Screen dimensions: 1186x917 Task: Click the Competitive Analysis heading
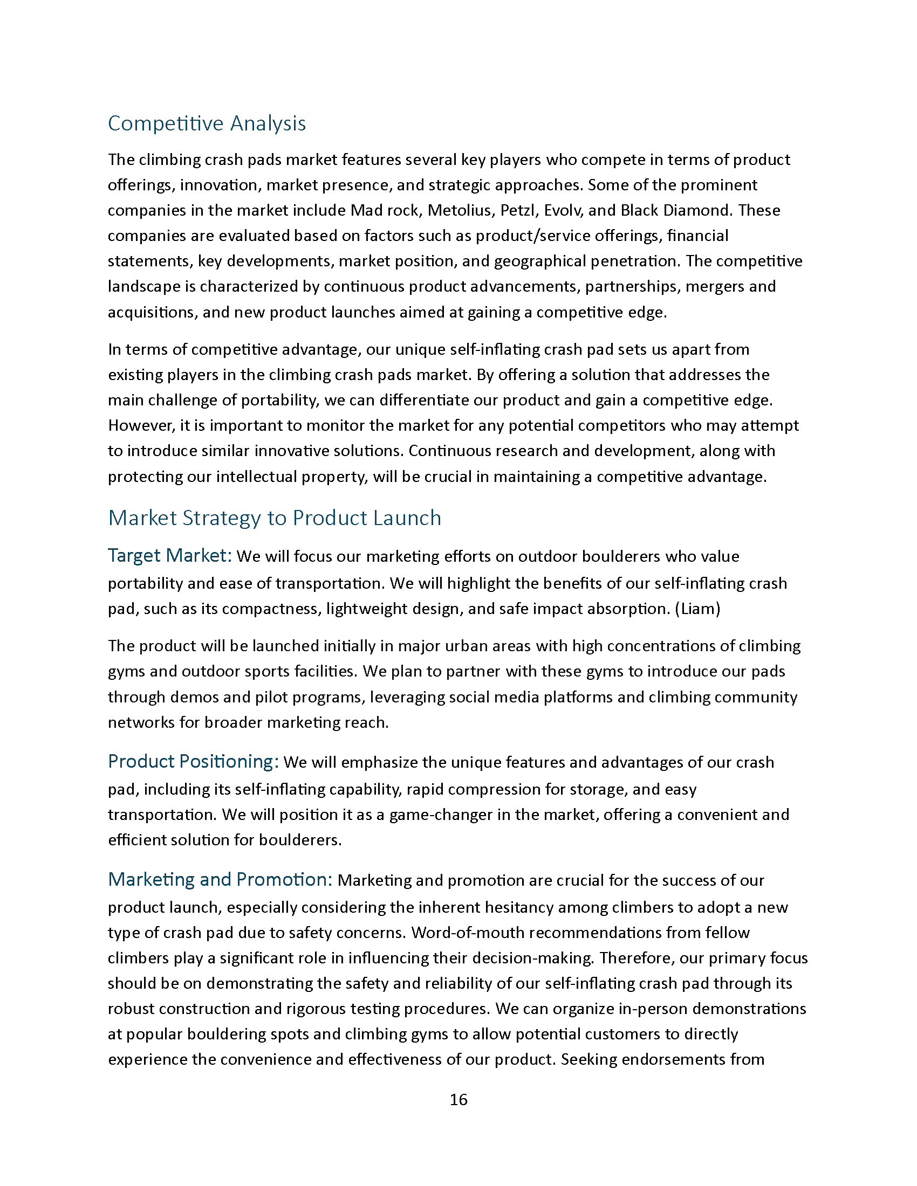tap(207, 124)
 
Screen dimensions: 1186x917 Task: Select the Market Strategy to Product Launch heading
tap(275, 518)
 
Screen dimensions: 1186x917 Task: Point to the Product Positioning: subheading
tap(194, 761)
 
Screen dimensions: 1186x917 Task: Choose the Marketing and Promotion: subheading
tap(220, 879)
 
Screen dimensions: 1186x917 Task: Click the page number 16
tap(458, 1100)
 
